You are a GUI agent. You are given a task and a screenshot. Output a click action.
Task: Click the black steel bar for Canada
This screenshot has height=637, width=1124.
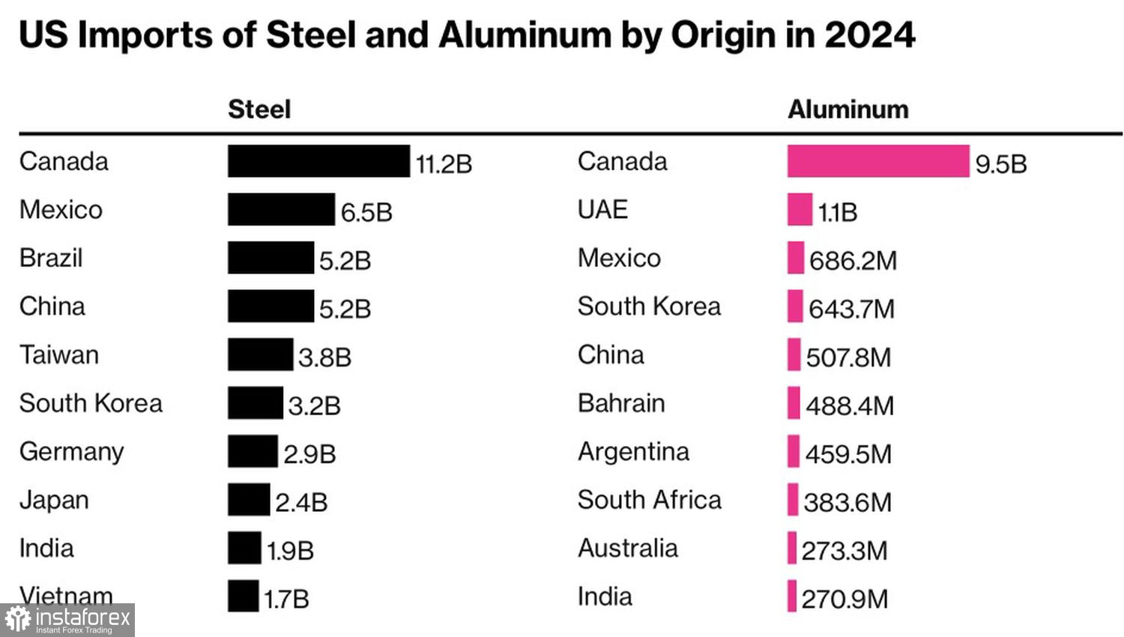pyautogui.click(x=318, y=161)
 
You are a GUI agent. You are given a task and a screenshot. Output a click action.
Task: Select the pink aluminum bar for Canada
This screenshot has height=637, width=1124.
pyautogui.click(x=877, y=161)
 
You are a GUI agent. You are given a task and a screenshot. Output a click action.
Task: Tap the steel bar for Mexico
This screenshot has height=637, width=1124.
pyautogui.click(x=281, y=209)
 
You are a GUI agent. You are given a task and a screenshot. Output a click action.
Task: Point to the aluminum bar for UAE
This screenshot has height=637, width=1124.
pyautogui.click(x=800, y=209)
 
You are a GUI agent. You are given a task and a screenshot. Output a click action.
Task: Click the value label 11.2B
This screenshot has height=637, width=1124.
pyautogui.click(x=444, y=164)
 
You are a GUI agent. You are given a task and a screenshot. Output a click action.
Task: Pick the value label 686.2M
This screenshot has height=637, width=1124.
pyautogui.click(x=853, y=261)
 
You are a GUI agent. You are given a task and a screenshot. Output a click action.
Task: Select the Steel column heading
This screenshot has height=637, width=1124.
pyautogui.click(x=259, y=109)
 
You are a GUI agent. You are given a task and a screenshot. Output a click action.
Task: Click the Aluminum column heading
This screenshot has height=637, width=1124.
pyautogui.click(x=847, y=109)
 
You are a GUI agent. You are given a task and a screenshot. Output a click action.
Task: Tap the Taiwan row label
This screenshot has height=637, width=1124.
pyautogui.click(x=59, y=354)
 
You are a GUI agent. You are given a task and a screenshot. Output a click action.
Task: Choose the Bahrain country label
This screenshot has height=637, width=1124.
pyautogui.click(x=621, y=403)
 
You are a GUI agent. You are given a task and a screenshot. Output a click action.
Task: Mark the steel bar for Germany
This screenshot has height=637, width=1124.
pyautogui.click(x=253, y=451)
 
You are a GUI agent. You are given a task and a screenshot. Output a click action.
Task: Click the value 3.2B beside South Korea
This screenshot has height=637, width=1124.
pyautogui.click(x=315, y=406)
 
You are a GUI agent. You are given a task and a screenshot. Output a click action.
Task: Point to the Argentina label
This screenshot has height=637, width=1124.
pyautogui.click(x=633, y=451)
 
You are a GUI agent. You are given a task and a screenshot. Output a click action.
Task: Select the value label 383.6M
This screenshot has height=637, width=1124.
pyautogui.click(x=847, y=502)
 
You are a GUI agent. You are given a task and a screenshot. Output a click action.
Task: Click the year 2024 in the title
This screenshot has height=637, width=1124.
pyautogui.click(x=869, y=35)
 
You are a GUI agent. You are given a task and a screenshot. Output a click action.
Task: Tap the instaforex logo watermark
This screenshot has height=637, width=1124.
pyautogui.click(x=67, y=620)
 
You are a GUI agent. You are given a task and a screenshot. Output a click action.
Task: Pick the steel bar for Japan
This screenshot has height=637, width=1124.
pyautogui.click(x=249, y=499)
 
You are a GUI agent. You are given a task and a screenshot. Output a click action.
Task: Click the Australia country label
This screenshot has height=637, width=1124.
pyautogui.click(x=627, y=548)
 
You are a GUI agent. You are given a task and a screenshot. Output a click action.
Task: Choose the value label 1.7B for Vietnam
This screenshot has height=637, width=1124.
pyautogui.click(x=286, y=599)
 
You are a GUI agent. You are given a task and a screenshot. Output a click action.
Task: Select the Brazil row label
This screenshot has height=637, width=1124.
pyautogui.click(x=51, y=258)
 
